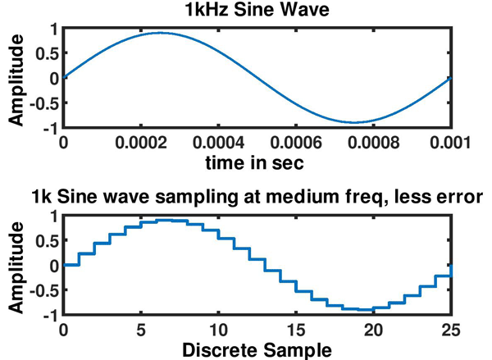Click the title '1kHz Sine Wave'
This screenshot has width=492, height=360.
256,11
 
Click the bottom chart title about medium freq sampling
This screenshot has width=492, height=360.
257,198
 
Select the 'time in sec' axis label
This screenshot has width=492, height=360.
256,163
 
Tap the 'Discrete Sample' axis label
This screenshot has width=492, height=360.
256,350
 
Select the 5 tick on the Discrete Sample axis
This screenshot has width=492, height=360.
141,330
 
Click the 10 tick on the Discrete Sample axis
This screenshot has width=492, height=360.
218,330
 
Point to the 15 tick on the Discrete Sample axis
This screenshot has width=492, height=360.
295,330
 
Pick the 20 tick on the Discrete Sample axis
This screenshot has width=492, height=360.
373,330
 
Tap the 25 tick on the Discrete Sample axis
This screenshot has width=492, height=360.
450,330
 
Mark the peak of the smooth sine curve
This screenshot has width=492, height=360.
161,34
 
